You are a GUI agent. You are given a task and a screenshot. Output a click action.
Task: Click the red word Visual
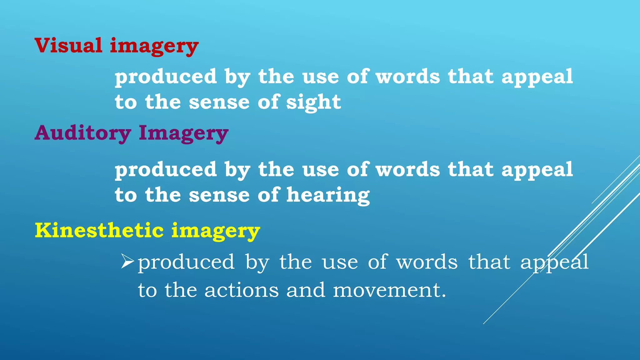68,45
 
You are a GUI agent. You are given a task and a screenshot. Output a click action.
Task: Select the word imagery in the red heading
154,46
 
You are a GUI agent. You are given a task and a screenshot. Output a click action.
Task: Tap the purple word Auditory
82,133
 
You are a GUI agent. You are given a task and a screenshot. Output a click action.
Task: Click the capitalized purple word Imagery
183,133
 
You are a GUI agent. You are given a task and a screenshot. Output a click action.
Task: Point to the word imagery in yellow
216,231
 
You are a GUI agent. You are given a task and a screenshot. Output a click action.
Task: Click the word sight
313,102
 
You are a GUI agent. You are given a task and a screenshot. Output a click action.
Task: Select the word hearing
328,195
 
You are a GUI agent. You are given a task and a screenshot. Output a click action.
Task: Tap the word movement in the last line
389,290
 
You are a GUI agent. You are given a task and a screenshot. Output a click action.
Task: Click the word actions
241,290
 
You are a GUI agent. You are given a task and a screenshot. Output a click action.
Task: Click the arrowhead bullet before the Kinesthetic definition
127,261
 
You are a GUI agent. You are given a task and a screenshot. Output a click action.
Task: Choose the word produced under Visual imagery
166,77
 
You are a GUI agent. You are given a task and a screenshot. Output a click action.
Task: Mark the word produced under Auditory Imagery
166,170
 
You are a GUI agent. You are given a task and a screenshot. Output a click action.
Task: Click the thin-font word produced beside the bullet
186,262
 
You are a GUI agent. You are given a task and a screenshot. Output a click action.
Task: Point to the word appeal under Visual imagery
537,77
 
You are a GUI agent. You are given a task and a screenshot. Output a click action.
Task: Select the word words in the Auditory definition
408,170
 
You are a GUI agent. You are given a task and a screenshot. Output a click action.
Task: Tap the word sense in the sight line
219,102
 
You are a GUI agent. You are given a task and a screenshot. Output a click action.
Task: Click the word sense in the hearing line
219,195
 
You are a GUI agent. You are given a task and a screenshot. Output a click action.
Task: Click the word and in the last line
305,290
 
